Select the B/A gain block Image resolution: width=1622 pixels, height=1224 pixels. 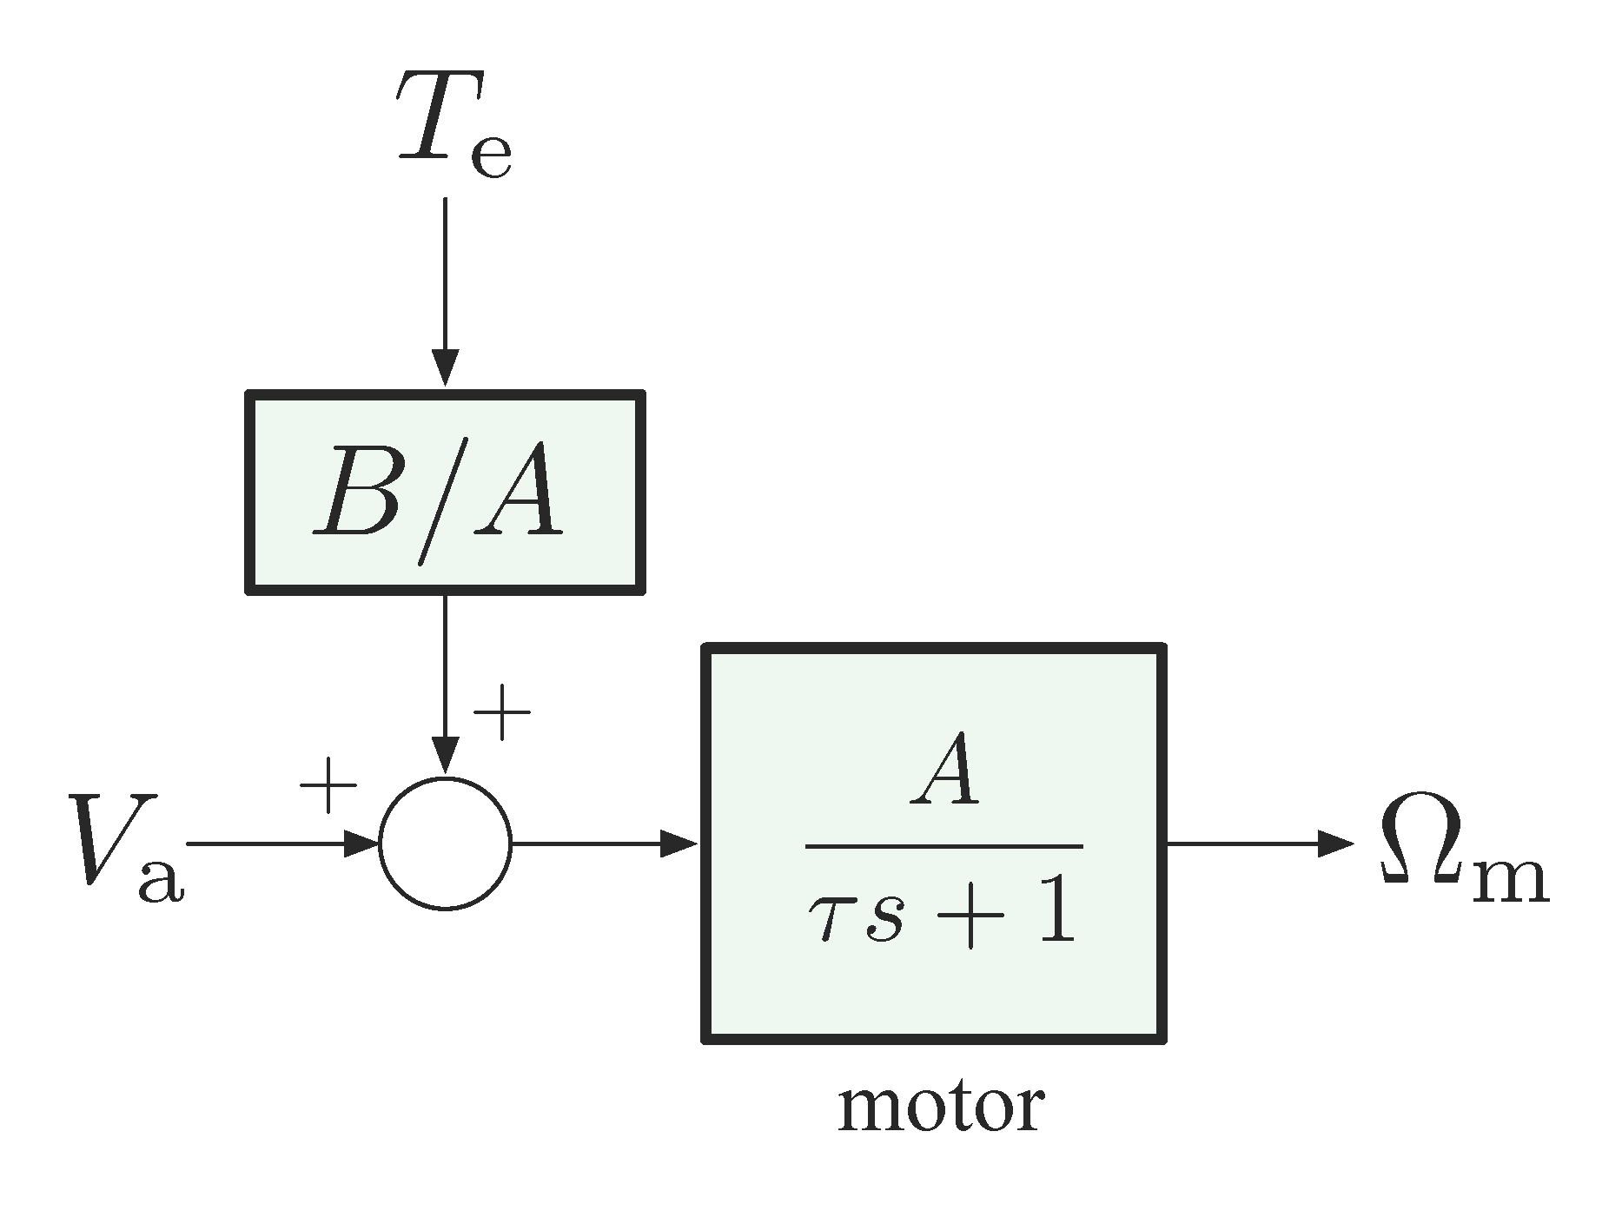445,493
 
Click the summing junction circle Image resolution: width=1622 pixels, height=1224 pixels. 445,843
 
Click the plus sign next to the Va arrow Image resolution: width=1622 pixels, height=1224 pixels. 328,784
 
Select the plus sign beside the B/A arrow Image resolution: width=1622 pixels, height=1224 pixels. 501,712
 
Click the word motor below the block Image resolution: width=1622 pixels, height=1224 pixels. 940,1108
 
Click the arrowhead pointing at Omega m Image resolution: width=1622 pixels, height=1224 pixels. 1335,843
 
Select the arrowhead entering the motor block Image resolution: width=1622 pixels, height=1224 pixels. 680,843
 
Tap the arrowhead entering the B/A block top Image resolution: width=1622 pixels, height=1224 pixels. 445,367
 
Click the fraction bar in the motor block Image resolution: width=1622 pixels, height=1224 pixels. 944,845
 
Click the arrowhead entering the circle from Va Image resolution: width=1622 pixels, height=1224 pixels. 361,843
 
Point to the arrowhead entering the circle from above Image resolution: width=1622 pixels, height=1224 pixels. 445,754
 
